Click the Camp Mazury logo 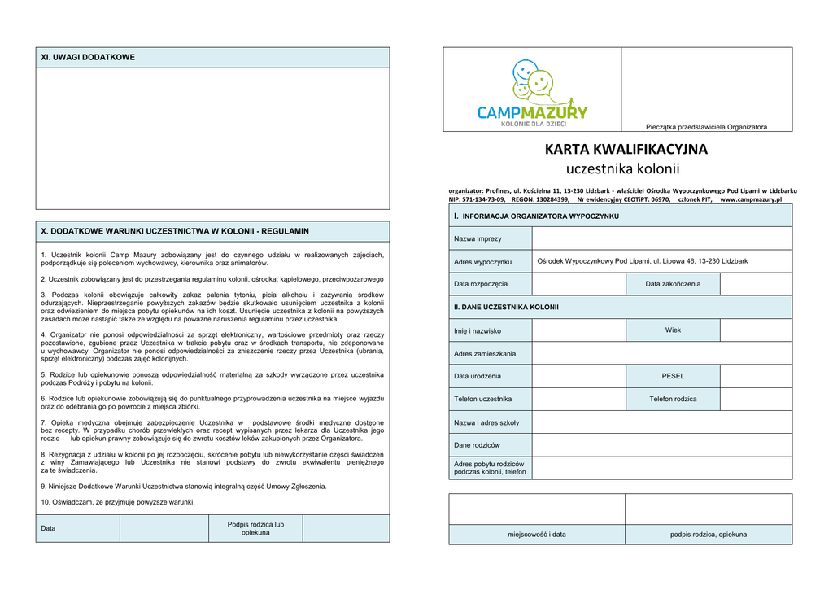click(532, 94)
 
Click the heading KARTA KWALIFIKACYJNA click(626, 150)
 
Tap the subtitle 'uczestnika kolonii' click(622, 169)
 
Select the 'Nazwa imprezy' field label click(478, 238)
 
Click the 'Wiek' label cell click(673, 330)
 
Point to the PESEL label click(673, 376)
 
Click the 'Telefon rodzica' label click(673, 399)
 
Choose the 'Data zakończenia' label click(673, 284)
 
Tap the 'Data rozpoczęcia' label click(481, 284)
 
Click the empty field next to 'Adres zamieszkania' click(661, 353)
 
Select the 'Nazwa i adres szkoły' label click(486, 422)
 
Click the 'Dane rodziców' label click(477, 445)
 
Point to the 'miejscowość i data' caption click(537, 535)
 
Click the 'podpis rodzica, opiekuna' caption click(708, 535)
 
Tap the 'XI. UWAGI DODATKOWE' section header click(88, 58)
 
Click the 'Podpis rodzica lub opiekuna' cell click(255, 528)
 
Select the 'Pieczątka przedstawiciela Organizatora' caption click(706, 127)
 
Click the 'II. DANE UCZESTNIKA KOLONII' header click(506, 307)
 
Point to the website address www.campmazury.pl click(750, 199)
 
